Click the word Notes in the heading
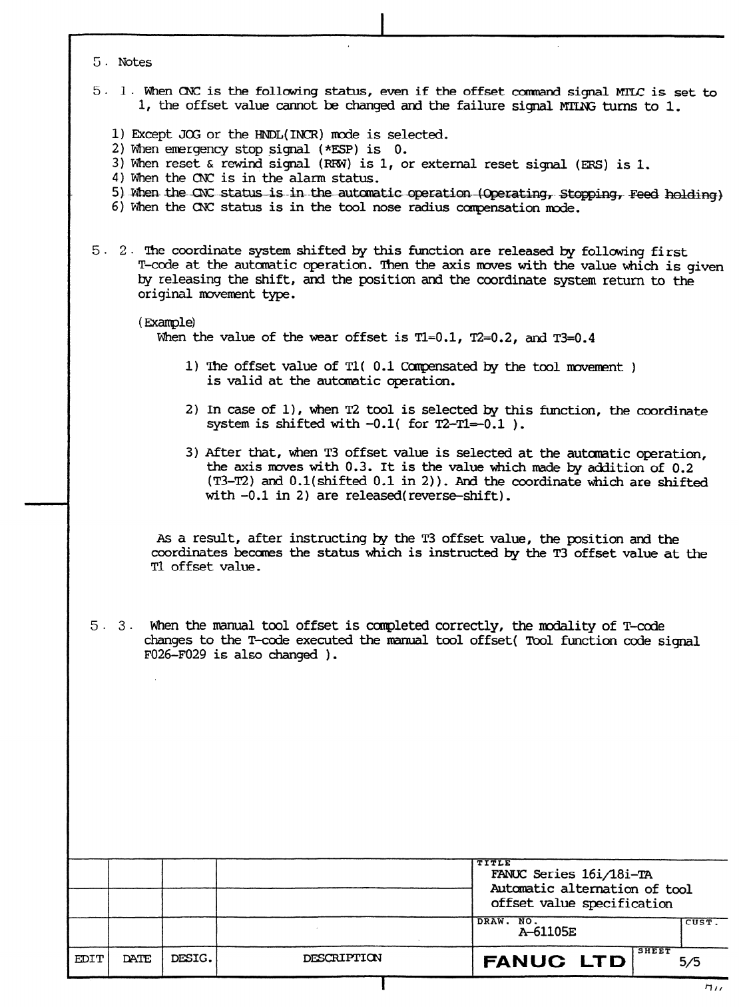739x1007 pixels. click(135, 62)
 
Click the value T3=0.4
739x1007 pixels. click(574, 337)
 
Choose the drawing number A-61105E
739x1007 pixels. click(547, 932)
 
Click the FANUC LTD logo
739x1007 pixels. click(554, 962)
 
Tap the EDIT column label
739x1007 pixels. click(88, 959)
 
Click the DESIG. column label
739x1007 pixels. click(192, 959)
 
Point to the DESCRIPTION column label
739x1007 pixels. click(342, 959)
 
